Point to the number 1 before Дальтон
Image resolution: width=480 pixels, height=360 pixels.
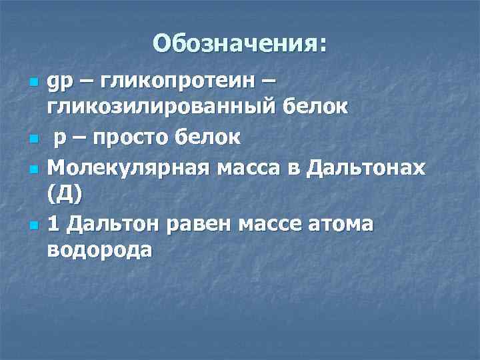(x=53, y=225)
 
